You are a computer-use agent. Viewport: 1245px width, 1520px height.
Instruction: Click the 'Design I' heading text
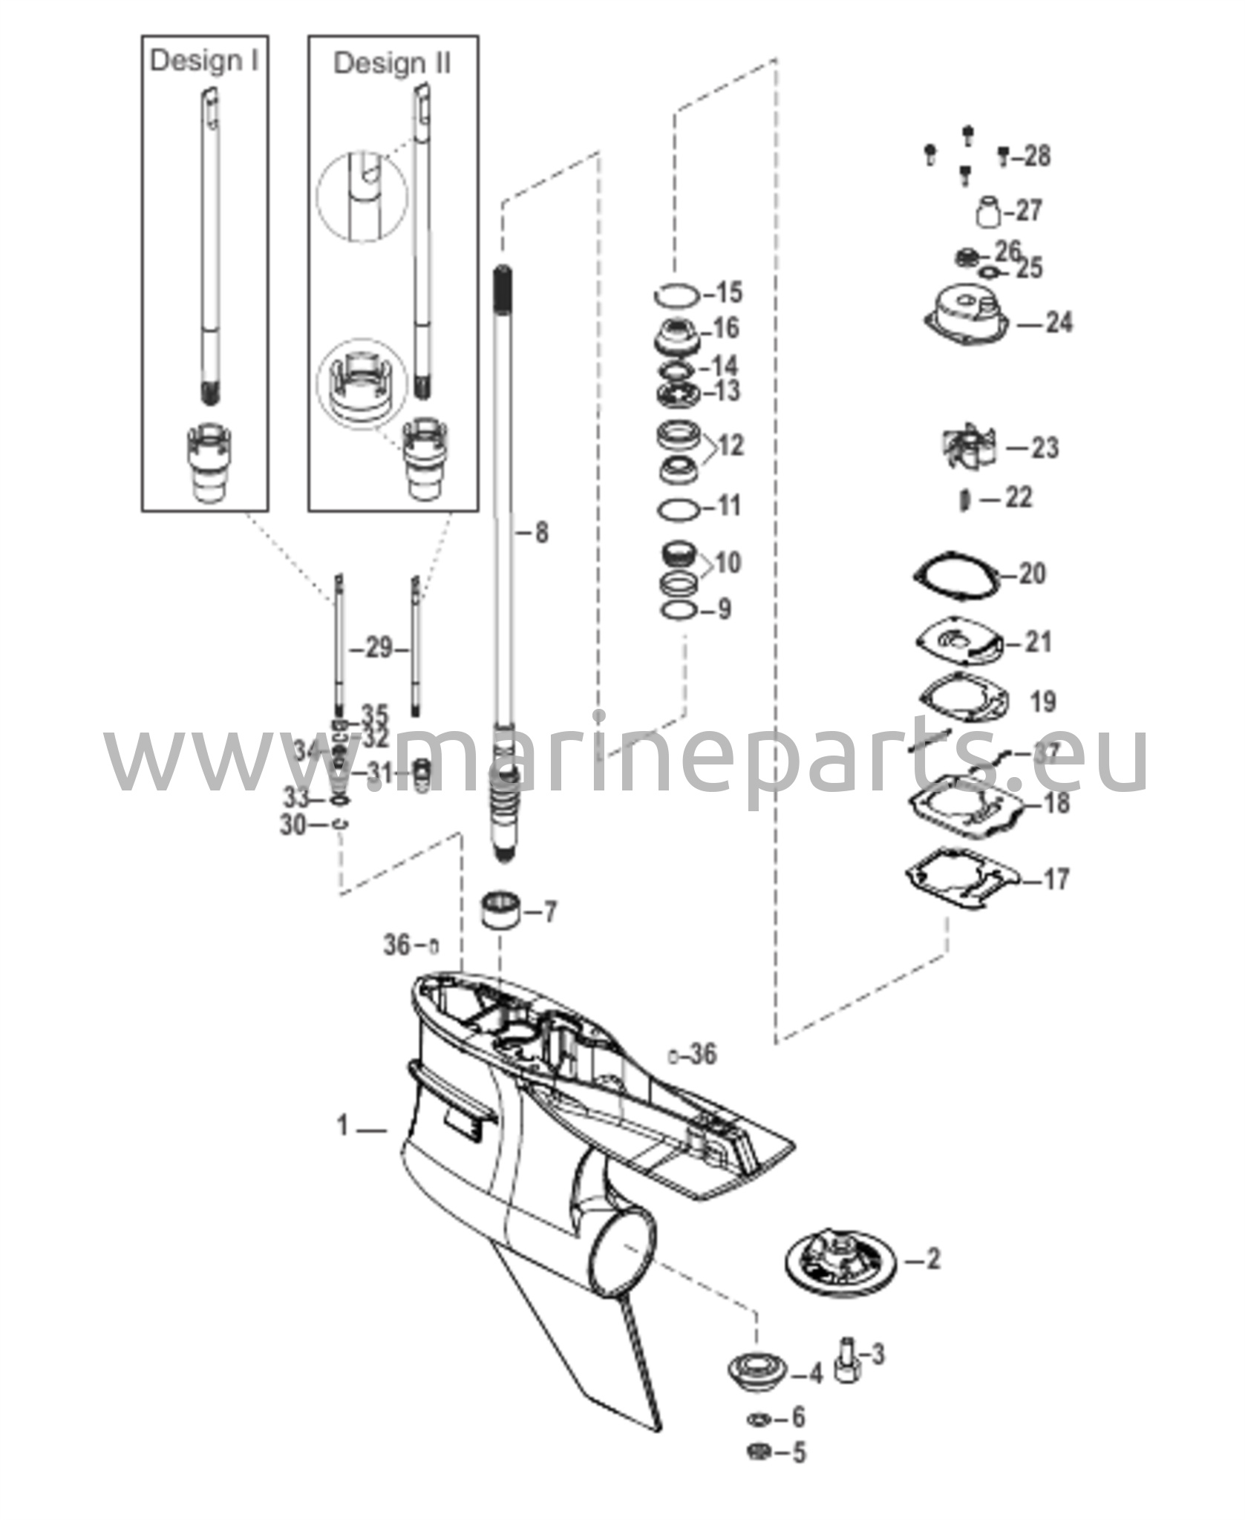point(204,61)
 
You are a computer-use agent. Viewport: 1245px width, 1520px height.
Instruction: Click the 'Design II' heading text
point(392,63)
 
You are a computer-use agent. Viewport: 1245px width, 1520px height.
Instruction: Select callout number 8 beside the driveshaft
point(541,532)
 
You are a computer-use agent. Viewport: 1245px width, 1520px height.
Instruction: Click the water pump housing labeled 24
point(966,316)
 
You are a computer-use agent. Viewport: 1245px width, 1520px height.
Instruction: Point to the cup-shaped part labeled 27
point(988,212)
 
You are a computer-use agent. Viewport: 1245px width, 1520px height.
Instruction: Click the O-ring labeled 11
point(677,510)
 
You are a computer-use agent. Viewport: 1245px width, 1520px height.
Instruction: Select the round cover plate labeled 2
point(840,1259)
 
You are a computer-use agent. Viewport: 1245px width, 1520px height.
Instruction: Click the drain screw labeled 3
point(848,1361)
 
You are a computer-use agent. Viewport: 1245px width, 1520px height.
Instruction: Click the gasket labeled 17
point(960,880)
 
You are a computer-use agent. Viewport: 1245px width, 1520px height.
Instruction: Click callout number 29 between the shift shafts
point(379,649)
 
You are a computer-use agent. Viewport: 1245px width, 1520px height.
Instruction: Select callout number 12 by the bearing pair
point(731,446)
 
